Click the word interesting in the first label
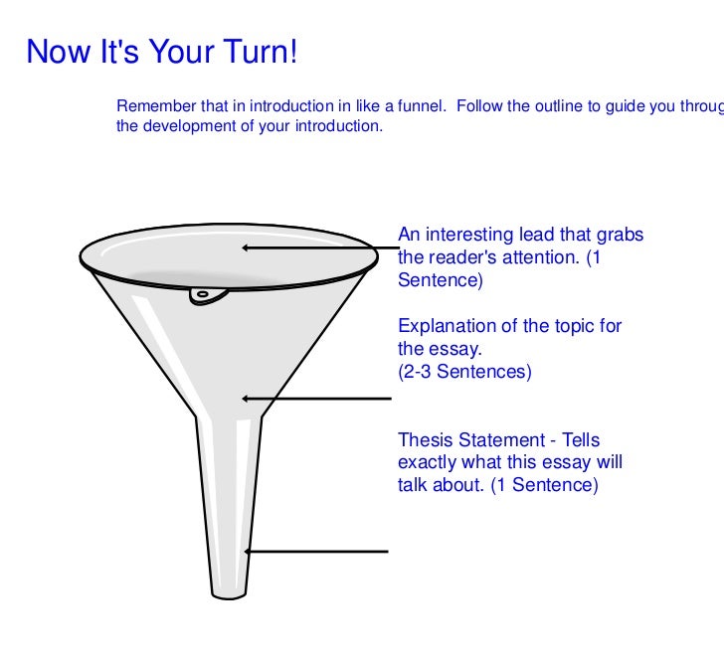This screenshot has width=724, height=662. pyautogui.click(x=467, y=236)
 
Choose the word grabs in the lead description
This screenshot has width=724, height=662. pyautogui.click(x=620, y=236)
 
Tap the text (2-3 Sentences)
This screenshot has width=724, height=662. pyautogui.click(x=464, y=373)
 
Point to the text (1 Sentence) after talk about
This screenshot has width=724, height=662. pyautogui.click(x=545, y=486)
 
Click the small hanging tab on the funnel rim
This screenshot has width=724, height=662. pyautogui.click(x=205, y=293)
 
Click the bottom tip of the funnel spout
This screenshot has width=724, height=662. pyautogui.click(x=228, y=595)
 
